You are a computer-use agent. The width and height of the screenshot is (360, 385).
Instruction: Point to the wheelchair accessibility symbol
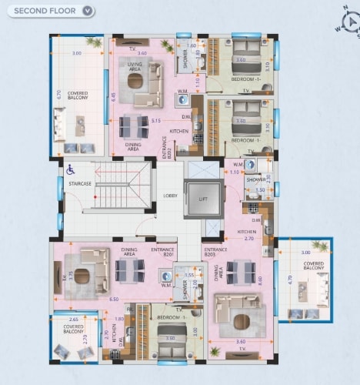coord(70,169)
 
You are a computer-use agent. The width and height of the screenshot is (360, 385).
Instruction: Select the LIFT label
coord(203,199)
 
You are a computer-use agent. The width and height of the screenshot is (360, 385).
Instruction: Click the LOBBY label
coord(171,196)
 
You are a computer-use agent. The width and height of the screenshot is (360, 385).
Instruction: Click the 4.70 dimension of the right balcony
coord(290,282)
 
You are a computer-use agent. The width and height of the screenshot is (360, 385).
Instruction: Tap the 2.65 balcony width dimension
coord(74,318)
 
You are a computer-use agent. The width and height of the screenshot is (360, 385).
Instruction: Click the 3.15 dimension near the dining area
coord(156,121)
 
